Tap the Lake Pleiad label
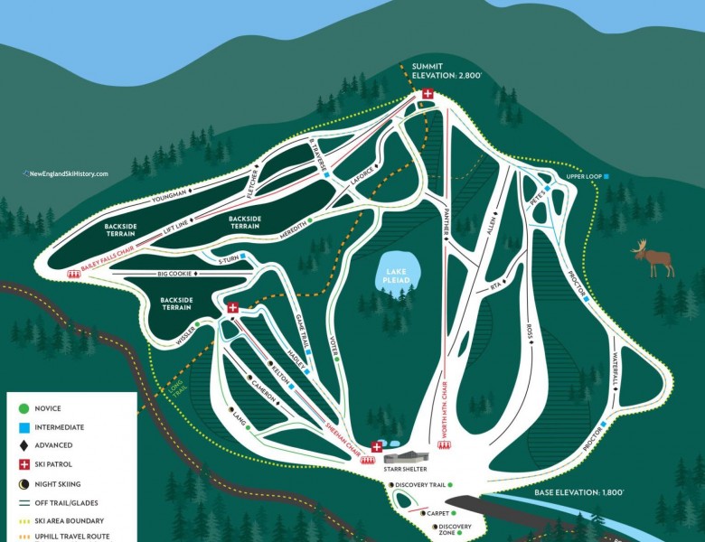[x=396, y=276]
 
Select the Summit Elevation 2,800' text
[x=446, y=71]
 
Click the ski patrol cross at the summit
[x=428, y=94]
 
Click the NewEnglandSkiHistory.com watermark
[x=65, y=173]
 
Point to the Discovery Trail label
[x=421, y=485]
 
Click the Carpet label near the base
[x=437, y=513]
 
